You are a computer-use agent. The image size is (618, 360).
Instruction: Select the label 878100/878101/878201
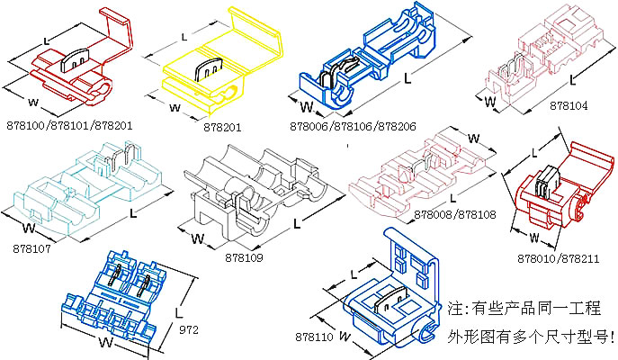click(x=69, y=124)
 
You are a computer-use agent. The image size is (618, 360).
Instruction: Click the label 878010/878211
click(x=557, y=257)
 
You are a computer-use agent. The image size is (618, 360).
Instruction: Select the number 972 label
click(x=188, y=330)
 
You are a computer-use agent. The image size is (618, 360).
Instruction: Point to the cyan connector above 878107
click(x=85, y=184)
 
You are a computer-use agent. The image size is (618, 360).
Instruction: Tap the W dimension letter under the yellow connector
click(x=175, y=108)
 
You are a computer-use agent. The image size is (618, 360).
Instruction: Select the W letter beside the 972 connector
click(x=106, y=343)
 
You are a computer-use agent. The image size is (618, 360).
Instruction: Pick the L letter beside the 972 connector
click(x=179, y=309)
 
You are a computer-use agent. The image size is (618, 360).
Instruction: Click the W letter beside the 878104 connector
click(x=490, y=101)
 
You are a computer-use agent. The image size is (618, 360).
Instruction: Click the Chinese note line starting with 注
click(x=529, y=307)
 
